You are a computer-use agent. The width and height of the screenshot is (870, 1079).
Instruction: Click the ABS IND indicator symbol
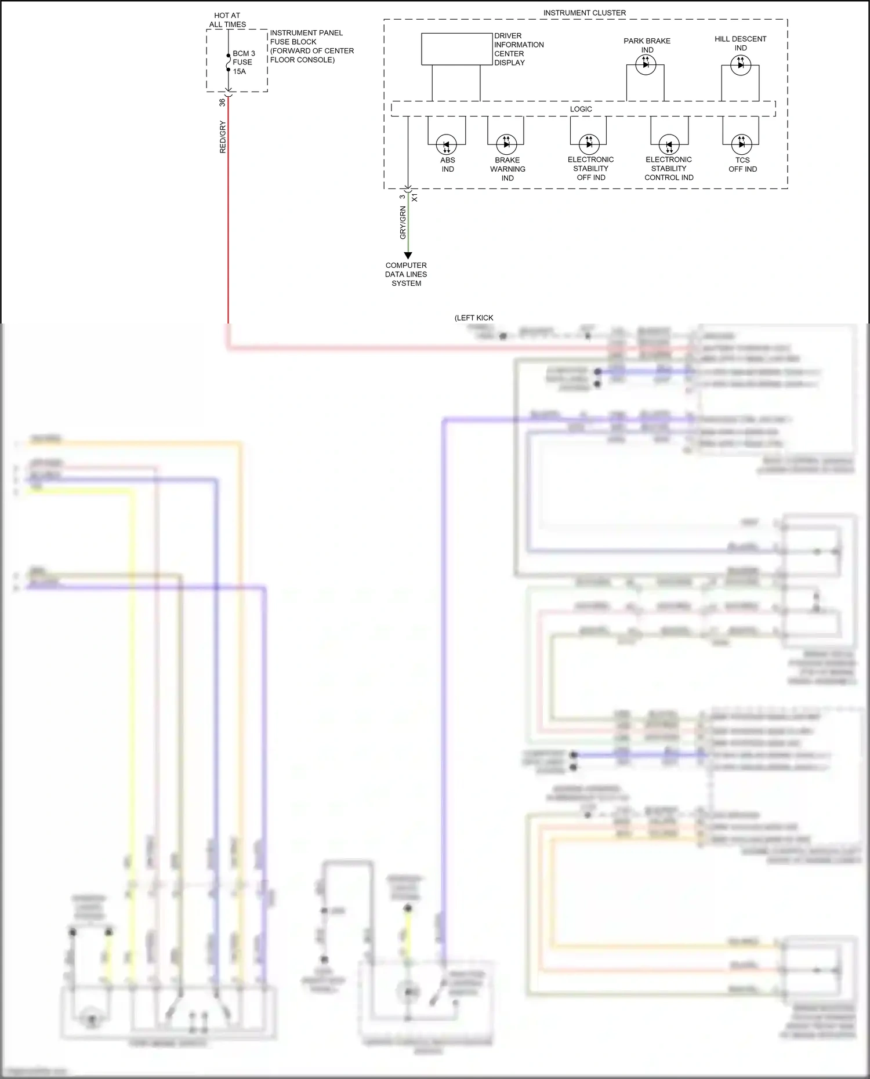pos(447,144)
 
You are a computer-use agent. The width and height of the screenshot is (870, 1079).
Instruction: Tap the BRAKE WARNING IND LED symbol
pos(506,144)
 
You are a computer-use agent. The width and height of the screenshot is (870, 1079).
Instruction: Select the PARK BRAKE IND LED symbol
pos(646,65)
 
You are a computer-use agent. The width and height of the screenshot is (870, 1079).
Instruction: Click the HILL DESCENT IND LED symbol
pos(741,65)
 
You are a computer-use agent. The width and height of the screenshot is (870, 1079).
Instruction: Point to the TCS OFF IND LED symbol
pos(741,144)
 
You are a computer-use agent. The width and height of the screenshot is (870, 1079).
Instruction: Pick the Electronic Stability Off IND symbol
pos(589,144)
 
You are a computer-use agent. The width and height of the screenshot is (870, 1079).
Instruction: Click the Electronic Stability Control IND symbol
pos(669,144)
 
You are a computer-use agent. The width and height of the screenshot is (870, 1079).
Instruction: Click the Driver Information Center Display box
pos(456,49)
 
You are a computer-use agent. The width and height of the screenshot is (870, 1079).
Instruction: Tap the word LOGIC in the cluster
pos(581,109)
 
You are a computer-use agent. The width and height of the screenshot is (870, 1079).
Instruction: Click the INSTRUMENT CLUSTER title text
pos(584,13)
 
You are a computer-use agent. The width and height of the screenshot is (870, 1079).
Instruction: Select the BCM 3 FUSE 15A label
pos(244,62)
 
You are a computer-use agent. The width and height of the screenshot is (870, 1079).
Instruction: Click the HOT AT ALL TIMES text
pos(227,20)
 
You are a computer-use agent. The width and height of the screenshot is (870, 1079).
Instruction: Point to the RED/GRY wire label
pos(223,137)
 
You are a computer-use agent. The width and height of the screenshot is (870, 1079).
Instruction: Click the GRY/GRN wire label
pos(403,223)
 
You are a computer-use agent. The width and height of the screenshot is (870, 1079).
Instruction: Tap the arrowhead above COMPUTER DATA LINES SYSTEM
pos(408,256)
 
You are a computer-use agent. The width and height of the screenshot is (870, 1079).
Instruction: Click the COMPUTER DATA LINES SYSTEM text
pos(406,274)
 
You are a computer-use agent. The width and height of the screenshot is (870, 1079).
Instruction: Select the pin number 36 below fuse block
pos(222,102)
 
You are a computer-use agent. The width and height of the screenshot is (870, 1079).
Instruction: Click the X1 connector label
pos(415,198)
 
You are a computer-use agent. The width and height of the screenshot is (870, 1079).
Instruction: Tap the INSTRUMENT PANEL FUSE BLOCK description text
pos(311,46)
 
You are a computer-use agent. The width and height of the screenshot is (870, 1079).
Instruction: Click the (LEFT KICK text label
pos(474,318)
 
